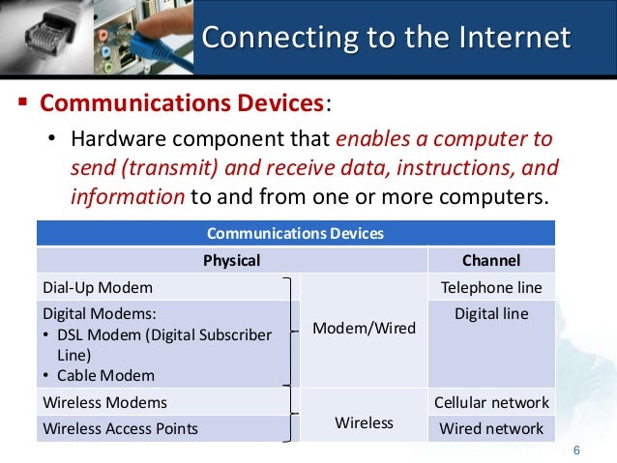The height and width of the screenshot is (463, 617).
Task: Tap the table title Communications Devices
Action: [x=296, y=233]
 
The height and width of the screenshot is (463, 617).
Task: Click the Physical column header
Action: [x=231, y=260]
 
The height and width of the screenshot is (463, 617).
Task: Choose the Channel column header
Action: [x=491, y=260]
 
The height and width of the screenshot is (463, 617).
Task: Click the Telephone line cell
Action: [x=491, y=287]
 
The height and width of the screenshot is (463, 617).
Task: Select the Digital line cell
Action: [x=491, y=313]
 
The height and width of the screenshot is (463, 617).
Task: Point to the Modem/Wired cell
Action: [x=365, y=329]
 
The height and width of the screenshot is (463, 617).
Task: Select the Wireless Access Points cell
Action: [x=121, y=428]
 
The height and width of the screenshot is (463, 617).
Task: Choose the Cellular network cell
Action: [x=491, y=402]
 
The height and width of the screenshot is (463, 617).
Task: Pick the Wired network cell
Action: [x=491, y=428]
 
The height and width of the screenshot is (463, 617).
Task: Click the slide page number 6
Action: [x=576, y=450]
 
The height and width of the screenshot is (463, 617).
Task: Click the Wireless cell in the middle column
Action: [x=365, y=422]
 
